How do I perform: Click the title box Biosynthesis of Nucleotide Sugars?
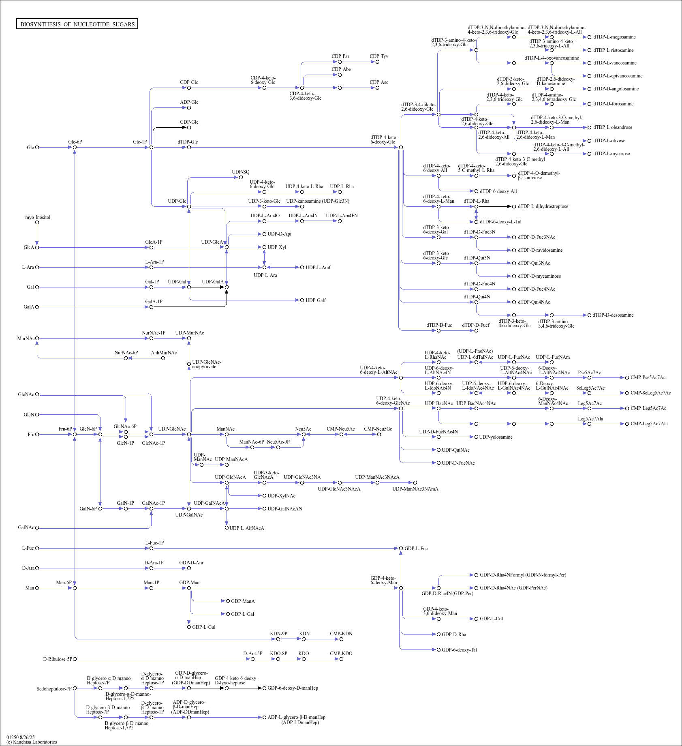(x=77, y=24)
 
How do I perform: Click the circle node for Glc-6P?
(x=75, y=148)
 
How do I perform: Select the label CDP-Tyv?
(x=378, y=56)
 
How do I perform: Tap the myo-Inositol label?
(x=38, y=217)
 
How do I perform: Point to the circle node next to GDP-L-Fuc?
(x=401, y=549)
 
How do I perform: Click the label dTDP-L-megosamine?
(x=614, y=37)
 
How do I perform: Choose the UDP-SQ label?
(x=241, y=172)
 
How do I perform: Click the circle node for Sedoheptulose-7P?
(x=75, y=688)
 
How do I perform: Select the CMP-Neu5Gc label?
(x=378, y=429)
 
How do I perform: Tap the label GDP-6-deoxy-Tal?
(x=459, y=650)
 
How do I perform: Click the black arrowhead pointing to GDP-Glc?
(x=184, y=127)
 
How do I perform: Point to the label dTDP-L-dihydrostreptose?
(x=543, y=206)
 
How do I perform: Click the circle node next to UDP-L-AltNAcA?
(x=227, y=528)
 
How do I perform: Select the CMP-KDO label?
(x=341, y=654)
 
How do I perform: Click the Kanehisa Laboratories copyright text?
(x=32, y=742)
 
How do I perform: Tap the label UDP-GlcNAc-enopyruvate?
(x=206, y=364)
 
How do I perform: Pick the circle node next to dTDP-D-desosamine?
(x=589, y=315)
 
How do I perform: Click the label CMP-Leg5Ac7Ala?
(x=649, y=424)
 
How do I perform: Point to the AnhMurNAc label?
(x=164, y=353)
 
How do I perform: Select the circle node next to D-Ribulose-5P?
(x=75, y=659)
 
